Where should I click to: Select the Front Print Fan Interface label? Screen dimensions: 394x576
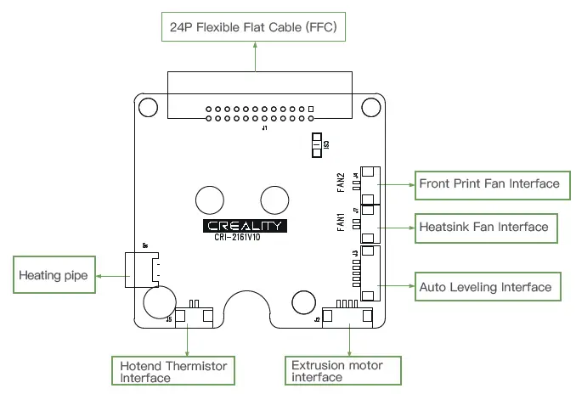(489, 183)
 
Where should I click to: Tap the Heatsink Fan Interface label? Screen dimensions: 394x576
(483, 228)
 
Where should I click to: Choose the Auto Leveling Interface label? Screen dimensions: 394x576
(485, 287)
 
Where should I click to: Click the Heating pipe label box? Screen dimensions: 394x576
(53, 276)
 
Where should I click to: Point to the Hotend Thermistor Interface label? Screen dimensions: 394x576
(173, 371)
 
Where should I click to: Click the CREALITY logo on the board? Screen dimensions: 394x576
(245, 227)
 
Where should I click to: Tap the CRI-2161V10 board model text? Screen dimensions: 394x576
(245, 239)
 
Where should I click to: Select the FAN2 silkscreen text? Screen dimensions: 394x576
(340, 182)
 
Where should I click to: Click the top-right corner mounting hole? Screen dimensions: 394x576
(371, 107)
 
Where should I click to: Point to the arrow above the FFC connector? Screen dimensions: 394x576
(256, 57)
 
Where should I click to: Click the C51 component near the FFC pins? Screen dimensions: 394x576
(317, 145)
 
